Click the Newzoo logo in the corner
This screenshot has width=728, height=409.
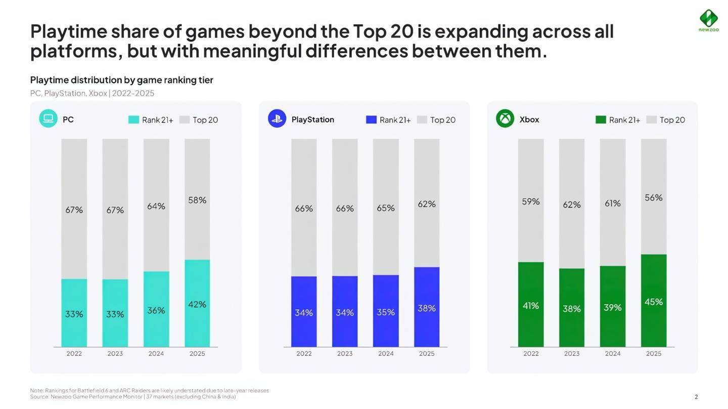[x=708, y=19]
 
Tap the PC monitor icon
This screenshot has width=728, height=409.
[x=48, y=119]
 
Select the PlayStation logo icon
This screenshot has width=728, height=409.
[x=277, y=119]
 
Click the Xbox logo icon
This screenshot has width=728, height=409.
[x=505, y=119]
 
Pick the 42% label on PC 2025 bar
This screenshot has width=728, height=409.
[x=197, y=304]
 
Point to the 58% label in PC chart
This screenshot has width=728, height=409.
[x=197, y=200]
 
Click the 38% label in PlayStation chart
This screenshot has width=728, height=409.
[x=427, y=308]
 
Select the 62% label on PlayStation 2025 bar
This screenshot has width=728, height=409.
[x=427, y=203]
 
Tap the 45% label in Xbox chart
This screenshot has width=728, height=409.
[x=654, y=302]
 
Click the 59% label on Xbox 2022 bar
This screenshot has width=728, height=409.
[x=531, y=201]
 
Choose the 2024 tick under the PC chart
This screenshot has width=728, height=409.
[x=156, y=353]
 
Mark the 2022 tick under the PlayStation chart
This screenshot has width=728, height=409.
[x=304, y=353]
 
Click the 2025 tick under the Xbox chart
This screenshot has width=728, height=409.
[x=654, y=353]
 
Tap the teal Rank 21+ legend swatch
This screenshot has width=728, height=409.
[x=133, y=120]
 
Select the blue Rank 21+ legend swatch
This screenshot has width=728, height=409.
[x=371, y=120]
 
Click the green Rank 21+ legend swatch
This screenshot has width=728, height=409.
[x=601, y=120]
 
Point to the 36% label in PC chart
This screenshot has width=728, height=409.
[x=156, y=310]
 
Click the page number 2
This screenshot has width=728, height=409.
[x=696, y=397]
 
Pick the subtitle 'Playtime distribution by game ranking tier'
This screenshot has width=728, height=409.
[x=121, y=80]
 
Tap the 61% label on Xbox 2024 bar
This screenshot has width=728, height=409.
[x=613, y=203]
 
